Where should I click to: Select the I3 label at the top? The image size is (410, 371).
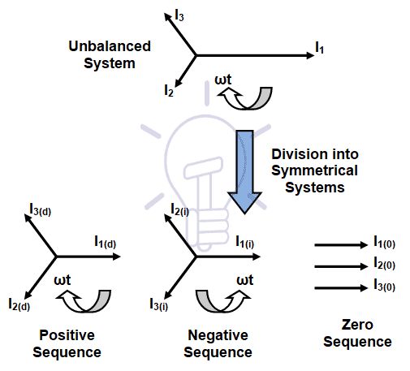pos(180,14)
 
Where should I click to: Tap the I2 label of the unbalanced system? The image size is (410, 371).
pos(169,91)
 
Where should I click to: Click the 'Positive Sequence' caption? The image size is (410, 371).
pos(68,343)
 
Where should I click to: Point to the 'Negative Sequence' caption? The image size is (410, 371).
pos(218,343)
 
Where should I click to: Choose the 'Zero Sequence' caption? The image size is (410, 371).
pos(357,334)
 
